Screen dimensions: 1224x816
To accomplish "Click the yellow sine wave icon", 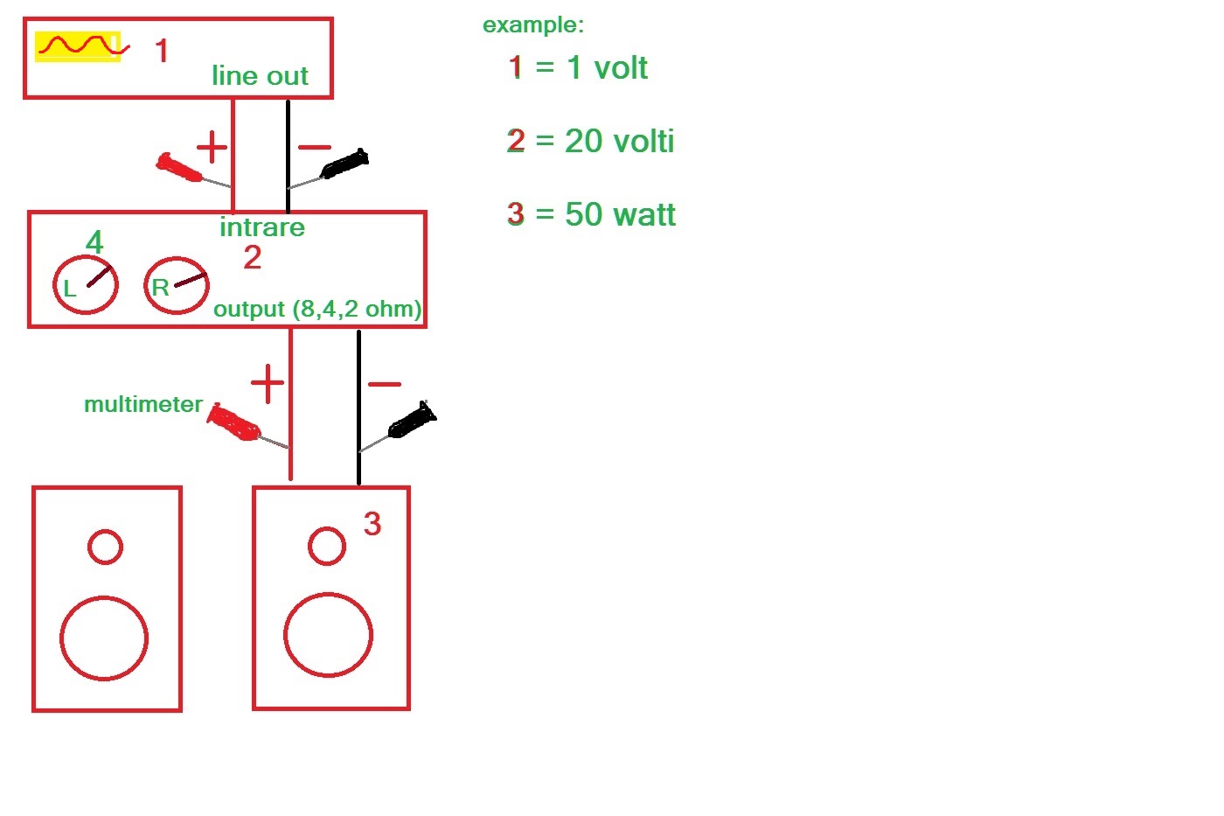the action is pos(78,46).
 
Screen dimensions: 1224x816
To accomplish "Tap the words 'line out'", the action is pos(261,75).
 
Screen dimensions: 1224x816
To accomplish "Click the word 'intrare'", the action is pos(262,227).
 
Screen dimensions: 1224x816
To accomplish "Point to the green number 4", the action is pos(94,241).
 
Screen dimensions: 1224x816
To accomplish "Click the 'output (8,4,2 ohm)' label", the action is pos(317,310).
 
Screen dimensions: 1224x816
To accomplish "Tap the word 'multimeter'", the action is pos(143,404).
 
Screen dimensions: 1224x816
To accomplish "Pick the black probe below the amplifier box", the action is pos(412,421).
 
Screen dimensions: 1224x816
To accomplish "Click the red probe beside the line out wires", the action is pos(178,167).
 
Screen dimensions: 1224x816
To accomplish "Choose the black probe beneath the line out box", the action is pos(344,163).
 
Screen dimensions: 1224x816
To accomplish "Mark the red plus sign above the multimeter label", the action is pos(268,383).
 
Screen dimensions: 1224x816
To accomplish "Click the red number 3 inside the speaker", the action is pos(372,523).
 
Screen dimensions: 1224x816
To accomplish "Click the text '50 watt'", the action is pos(620,213).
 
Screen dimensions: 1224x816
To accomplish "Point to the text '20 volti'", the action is pos(619,141).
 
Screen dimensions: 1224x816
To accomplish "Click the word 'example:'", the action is pos(533,25).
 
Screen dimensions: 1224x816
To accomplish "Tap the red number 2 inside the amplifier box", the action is pos(253,257).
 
